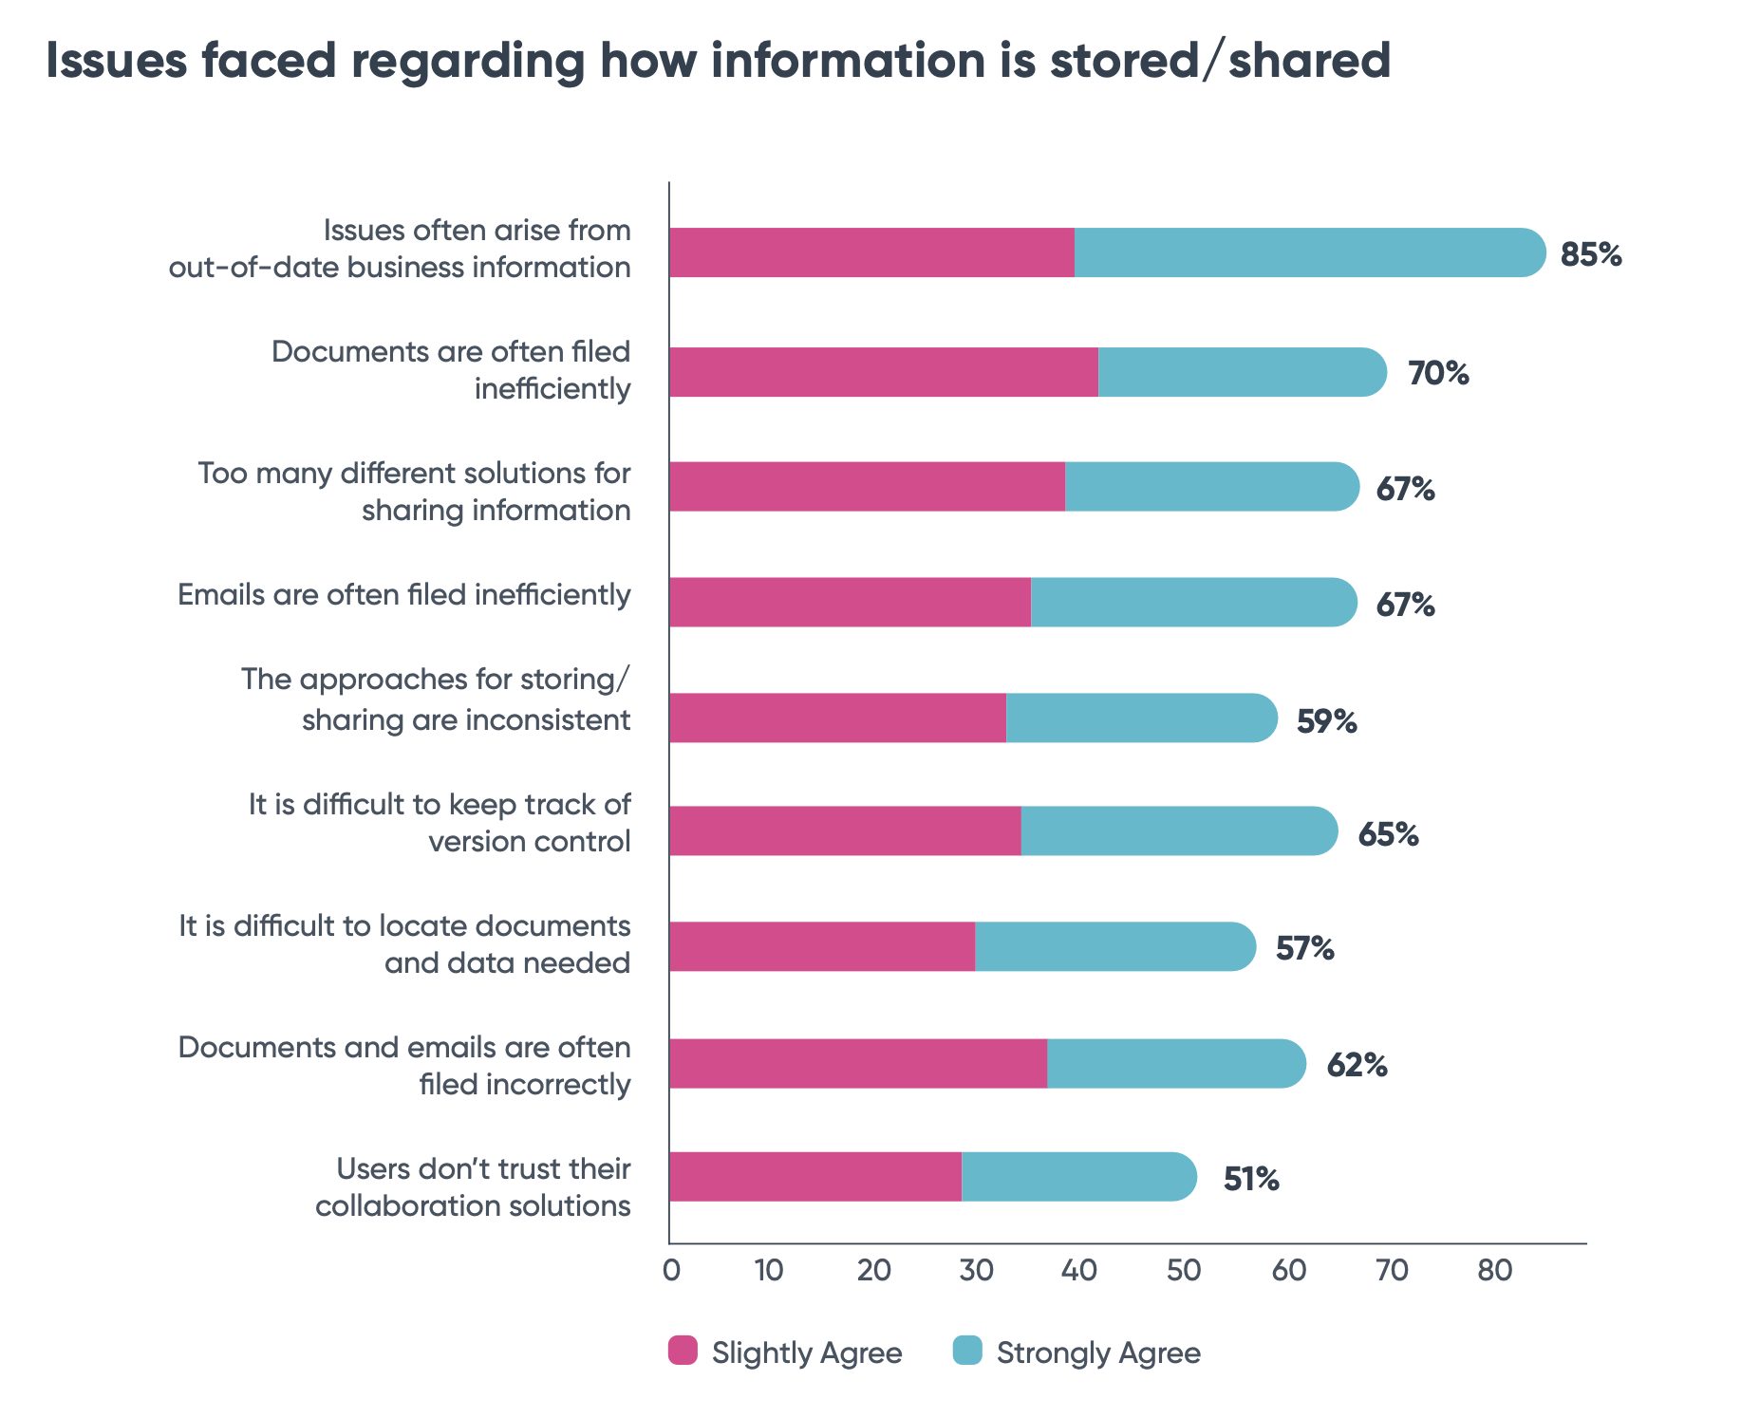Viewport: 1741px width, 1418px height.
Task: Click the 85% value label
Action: pyautogui.click(x=1590, y=254)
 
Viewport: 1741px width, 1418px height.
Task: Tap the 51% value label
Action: pyautogui.click(x=1250, y=1179)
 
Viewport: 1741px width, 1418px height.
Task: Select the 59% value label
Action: pyautogui.click(x=1326, y=721)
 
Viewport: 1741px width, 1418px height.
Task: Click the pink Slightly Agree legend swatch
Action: pyautogui.click(x=683, y=1351)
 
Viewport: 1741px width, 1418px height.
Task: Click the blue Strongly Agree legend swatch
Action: pyautogui.click(x=967, y=1351)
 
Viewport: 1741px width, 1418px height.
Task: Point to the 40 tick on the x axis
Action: pyautogui.click(x=1078, y=1270)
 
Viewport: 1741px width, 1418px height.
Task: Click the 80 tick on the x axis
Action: pyautogui.click(x=1494, y=1270)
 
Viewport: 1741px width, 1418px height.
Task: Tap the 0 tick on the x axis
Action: pyautogui.click(x=671, y=1270)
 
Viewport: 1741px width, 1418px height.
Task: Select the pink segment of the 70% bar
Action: pyautogui.click(x=883, y=372)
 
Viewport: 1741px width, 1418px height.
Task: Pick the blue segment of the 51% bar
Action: pyautogui.click(x=1077, y=1177)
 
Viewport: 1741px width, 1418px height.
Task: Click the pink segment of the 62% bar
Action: pyautogui.click(x=857, y=1063)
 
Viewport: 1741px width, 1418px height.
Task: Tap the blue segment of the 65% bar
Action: pyautogui.click(x=1177, y=831)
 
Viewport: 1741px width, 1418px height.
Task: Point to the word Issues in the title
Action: pyautogui.click(x=116, y=61)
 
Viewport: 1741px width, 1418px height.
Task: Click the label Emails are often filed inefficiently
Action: pyautogui.click(x=403, y=595)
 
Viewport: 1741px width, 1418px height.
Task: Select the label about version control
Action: pyautogui.click(x=440, y=823)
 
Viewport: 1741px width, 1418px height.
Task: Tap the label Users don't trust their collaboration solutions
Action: pyautogui.click(x=473, y=1187)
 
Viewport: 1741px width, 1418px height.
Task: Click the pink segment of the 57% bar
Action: pyautogui.click(x=821, y=946)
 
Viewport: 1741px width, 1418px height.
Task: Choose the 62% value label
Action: pyautogui.click(x=1357, y=1065)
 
